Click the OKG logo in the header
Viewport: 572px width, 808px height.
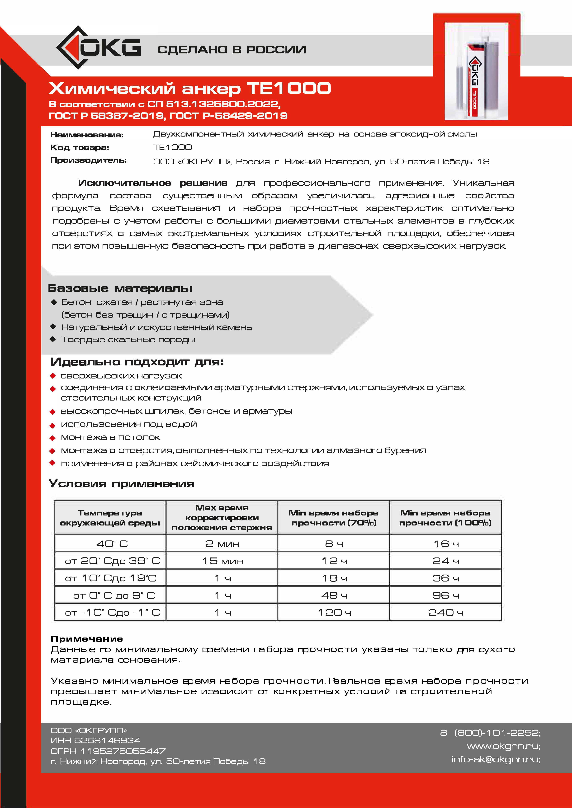[x=99, y=48]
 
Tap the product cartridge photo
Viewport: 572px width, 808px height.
[x=476, y=71]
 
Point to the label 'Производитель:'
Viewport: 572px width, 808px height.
[x=88, y=160]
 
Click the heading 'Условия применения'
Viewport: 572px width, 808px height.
[x=122, y=483]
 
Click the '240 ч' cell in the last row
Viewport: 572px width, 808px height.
[x=445, y=613]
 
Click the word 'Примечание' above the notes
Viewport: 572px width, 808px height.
[x=87, y=639]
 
